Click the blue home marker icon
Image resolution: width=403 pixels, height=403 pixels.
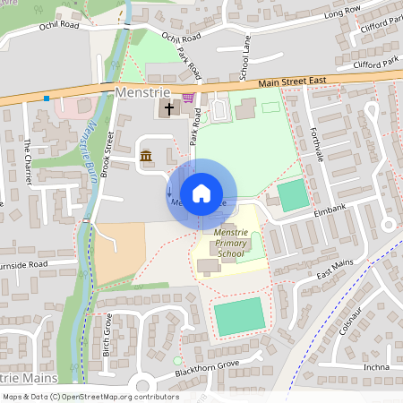pos(201,193)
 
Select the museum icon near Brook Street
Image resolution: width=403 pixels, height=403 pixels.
pos(146,158)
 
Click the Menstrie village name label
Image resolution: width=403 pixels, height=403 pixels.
pos(138,92)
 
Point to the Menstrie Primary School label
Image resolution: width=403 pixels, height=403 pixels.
pos(230,243)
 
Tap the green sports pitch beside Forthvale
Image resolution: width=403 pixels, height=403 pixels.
pos(292,195)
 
